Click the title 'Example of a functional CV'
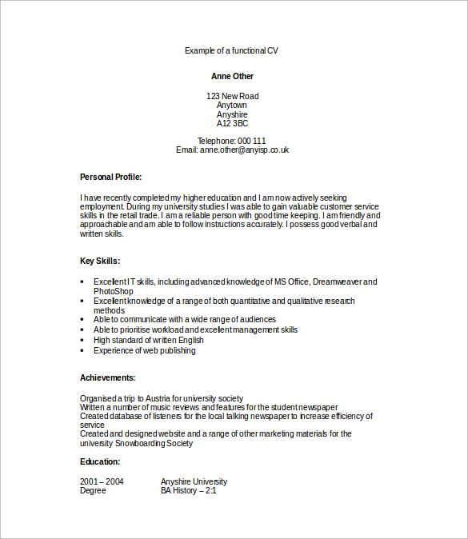tap(231, 50)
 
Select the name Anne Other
tap(232, 77)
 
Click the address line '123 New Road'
tap(232, 96)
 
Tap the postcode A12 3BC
tap(232, 124)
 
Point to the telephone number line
tap(232, 141)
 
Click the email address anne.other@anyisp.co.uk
tap(244, 150)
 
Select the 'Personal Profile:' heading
tap(110, 177)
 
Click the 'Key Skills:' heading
tap(100, 261)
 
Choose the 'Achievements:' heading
tap(107, 377)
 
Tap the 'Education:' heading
tap(100, 461)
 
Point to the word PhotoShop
tap(113, 291)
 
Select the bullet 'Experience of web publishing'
tap(144, 350)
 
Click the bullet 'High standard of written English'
tap(149, 340)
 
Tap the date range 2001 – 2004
tap(102, 481)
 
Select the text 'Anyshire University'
tap(194, 481)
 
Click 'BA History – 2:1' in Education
tap(189, 490)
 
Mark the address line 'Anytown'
tap(232, 105)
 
